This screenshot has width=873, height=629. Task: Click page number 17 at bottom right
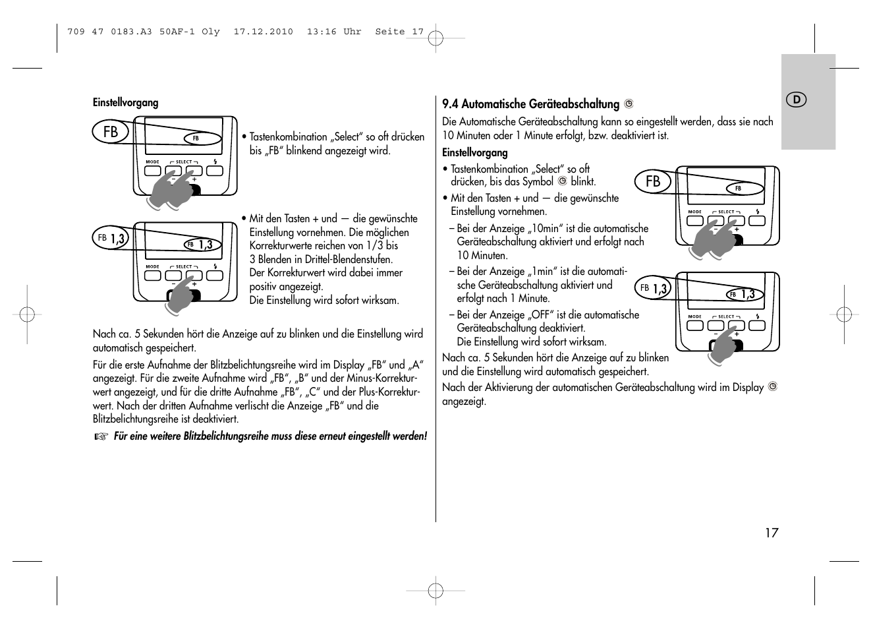click(x=771, y=533)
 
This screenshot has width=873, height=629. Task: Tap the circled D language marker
click(x=797, y=100)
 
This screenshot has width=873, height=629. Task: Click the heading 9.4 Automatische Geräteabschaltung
click(x=530, y=104)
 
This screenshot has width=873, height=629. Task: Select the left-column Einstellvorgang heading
click(x=125, y=102)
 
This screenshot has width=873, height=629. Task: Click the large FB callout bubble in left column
click(x=111, y=132)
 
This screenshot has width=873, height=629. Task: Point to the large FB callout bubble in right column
click(x=653, y=181)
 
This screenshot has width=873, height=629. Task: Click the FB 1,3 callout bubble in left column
click(x=111, y=238)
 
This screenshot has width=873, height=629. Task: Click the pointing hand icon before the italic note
click(x=99, y=436)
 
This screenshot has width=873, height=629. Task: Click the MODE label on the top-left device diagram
click(x=152, y=162)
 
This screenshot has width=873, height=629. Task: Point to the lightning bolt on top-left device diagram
click(x=215, y=162)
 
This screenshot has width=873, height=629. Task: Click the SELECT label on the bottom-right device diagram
click(x=726, y=316)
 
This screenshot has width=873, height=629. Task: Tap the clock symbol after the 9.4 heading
click(x=629, y=104)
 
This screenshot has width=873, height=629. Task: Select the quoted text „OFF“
click(x=538, y=315)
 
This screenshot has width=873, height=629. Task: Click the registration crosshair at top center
click(x=436, y=38)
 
